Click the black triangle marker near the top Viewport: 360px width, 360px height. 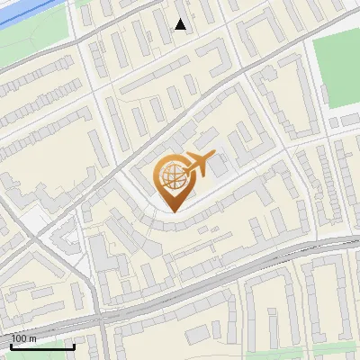tap(181, 24)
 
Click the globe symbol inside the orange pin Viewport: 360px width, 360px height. tap(172, 177)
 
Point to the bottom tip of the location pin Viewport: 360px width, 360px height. tap(173, 211)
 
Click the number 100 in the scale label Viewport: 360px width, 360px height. tap(19, 338)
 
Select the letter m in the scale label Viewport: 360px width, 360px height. tap(32, 338)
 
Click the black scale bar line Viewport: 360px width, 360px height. tap(41, 346)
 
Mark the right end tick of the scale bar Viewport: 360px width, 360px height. tap(74, 345)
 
